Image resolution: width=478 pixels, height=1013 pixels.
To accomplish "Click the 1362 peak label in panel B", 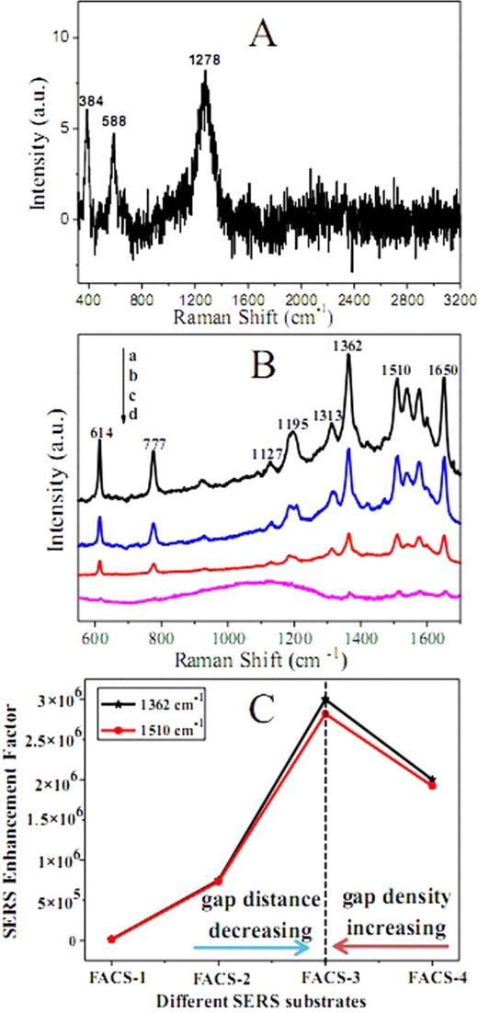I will (349, 347).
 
